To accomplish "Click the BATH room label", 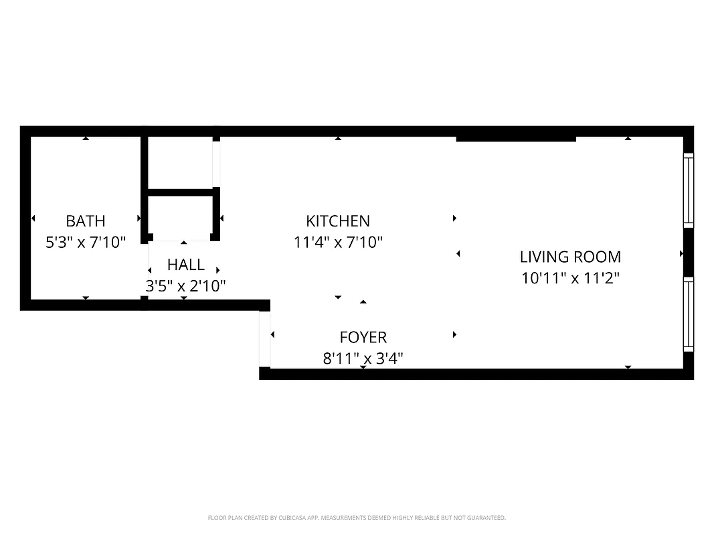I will click(x=86, y=220).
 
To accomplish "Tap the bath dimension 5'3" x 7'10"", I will click(x=86, y=242).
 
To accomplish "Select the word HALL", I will click(x=186, y=265).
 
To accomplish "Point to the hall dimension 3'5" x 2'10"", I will click(x=186, y=286).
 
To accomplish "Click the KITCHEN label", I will click(x=338, y=220).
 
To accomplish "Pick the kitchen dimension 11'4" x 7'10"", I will click(x=338, y=242).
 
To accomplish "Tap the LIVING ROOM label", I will click(x=570, y=257).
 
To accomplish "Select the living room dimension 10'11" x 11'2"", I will click(x=570, y=277).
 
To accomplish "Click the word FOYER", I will click(x=363, y=337).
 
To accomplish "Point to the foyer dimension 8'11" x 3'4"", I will click(x=363, y=358).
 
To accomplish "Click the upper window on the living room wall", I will click(x=688, y=190).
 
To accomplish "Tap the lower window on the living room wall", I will click(x=688, y=314).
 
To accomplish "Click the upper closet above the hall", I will click(x=179, y=163).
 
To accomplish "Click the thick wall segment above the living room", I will click(x=515, y=139).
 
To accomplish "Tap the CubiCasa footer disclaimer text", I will click(x=357, y=518).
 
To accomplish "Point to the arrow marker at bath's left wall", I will click(x=33, y=218).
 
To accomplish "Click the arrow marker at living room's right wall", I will click(x=681, y=254).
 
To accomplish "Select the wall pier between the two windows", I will click(x=689, y=252).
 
